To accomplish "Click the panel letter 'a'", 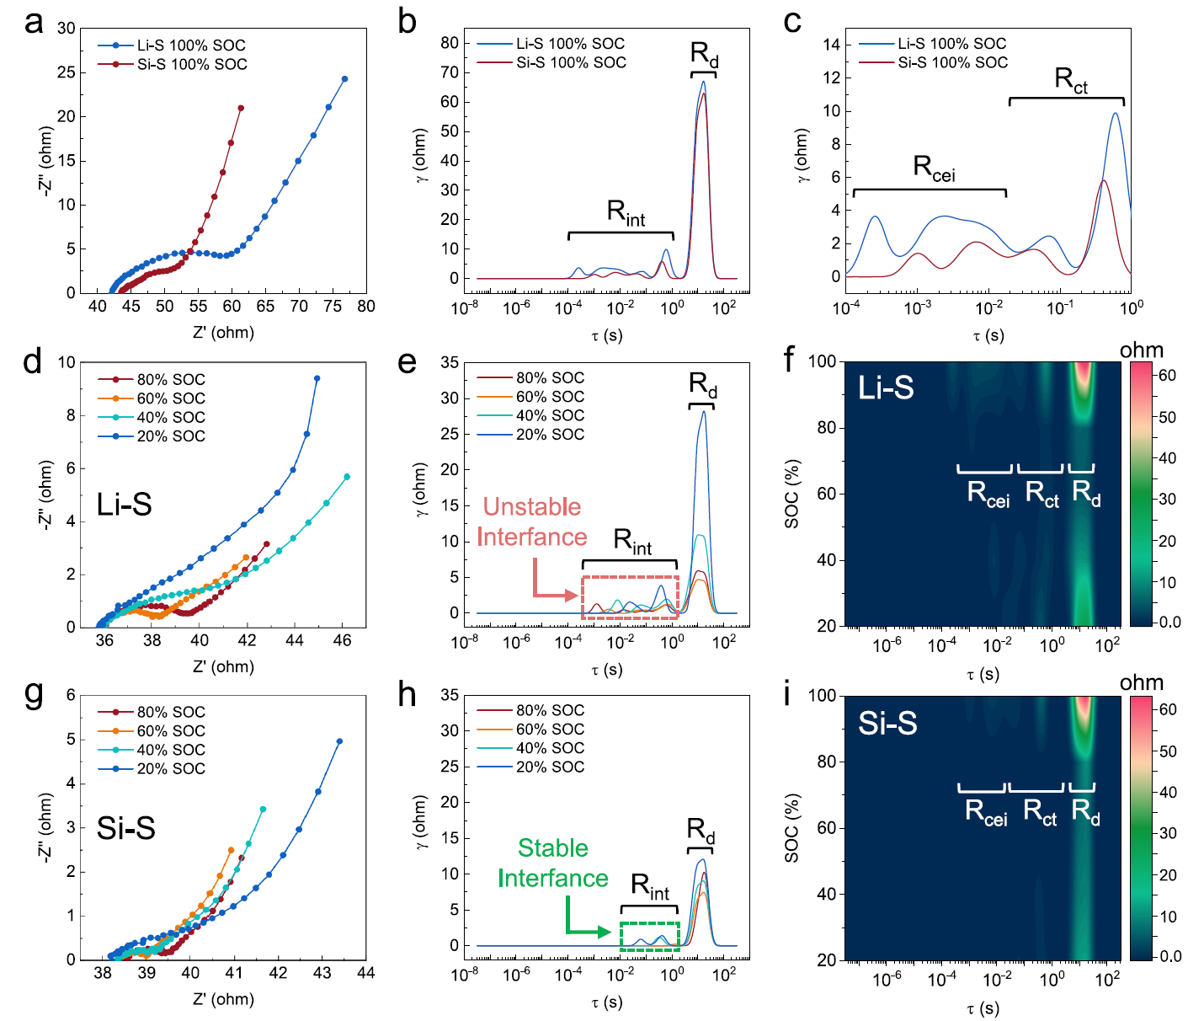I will point(34,23).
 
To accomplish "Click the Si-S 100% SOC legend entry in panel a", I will point(192,64).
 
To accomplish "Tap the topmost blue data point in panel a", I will point(344,79).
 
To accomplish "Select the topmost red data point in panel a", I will point(241,108).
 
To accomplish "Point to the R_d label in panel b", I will point(704,54).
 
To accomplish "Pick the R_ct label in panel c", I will point(1071,81).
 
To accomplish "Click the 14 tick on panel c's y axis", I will point(832,45).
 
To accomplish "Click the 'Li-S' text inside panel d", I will point(124,505).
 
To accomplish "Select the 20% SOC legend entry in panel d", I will point(171,436).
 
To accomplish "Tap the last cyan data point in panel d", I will point(347,477).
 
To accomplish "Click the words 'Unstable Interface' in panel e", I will point(531,522).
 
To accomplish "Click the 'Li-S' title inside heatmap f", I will point(886,388).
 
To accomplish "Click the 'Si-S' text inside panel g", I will point(125,828).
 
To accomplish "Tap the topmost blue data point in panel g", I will point(339,741).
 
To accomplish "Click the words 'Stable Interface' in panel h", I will point(552,863).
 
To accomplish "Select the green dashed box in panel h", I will point(649,937).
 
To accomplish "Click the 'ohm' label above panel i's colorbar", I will point(1142,682).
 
